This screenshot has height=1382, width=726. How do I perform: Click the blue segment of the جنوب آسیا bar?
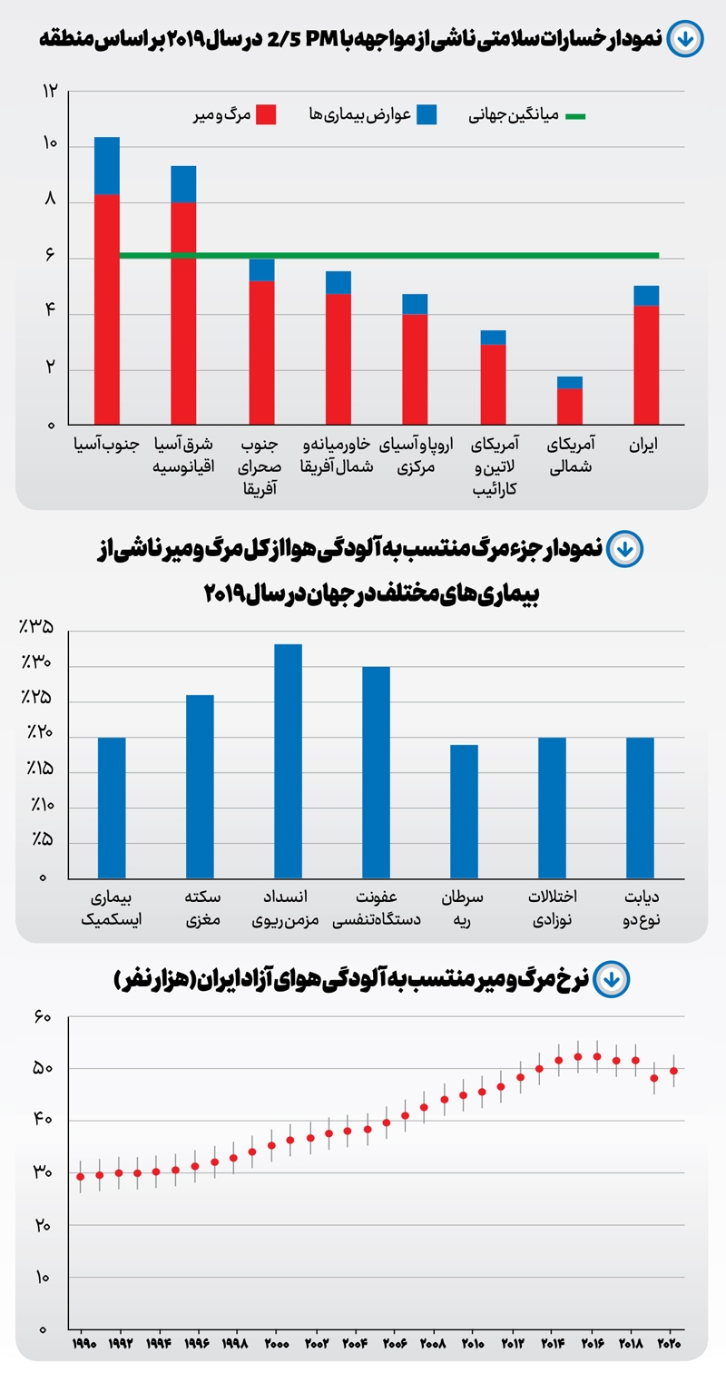(x=107, y=166)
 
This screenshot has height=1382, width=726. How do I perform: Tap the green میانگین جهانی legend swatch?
(x=574, y=116)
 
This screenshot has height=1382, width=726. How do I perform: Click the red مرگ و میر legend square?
(x=265, y=115)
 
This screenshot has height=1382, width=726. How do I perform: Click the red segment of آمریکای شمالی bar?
(x=570, y=406)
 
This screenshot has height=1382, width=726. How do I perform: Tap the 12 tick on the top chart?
(x=50, y=91)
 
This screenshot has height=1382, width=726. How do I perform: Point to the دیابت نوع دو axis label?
(x=642, y=908)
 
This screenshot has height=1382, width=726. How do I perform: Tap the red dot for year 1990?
(x=81, y=1176)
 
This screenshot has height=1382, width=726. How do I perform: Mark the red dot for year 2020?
(x=673, y=1071)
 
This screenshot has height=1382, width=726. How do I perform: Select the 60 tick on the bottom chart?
(x=42, y=1018)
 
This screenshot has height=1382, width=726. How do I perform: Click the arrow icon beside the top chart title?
(x=683, y=40)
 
